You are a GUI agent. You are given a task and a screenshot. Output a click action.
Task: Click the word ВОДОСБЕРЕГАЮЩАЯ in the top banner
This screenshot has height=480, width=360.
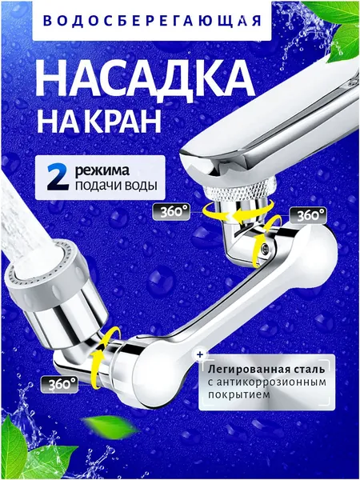point(152,21)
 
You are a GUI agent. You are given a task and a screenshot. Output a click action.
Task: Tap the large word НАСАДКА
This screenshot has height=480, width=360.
point(145,79)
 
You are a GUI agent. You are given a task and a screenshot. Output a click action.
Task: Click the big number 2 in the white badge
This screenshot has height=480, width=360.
point(58,178)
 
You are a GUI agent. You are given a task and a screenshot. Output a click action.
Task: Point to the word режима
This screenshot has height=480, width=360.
point(102,171)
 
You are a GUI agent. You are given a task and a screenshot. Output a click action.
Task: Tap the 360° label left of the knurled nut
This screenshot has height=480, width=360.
point(171,212)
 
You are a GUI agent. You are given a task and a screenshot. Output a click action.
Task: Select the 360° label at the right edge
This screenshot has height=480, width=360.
point(308,215)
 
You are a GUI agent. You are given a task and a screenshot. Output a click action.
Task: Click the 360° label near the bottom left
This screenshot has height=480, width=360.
point(59,385)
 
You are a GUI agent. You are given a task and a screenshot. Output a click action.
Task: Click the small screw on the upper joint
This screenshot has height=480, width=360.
point(265,246)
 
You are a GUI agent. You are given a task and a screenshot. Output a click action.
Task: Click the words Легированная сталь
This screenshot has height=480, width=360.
point(266,369)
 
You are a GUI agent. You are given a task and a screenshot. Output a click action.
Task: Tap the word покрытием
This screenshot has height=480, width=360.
point(238,395)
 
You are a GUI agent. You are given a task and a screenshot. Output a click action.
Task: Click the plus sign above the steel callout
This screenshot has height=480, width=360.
point(200,354)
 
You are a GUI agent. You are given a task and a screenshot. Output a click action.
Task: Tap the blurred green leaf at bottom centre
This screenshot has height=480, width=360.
point(110,427)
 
